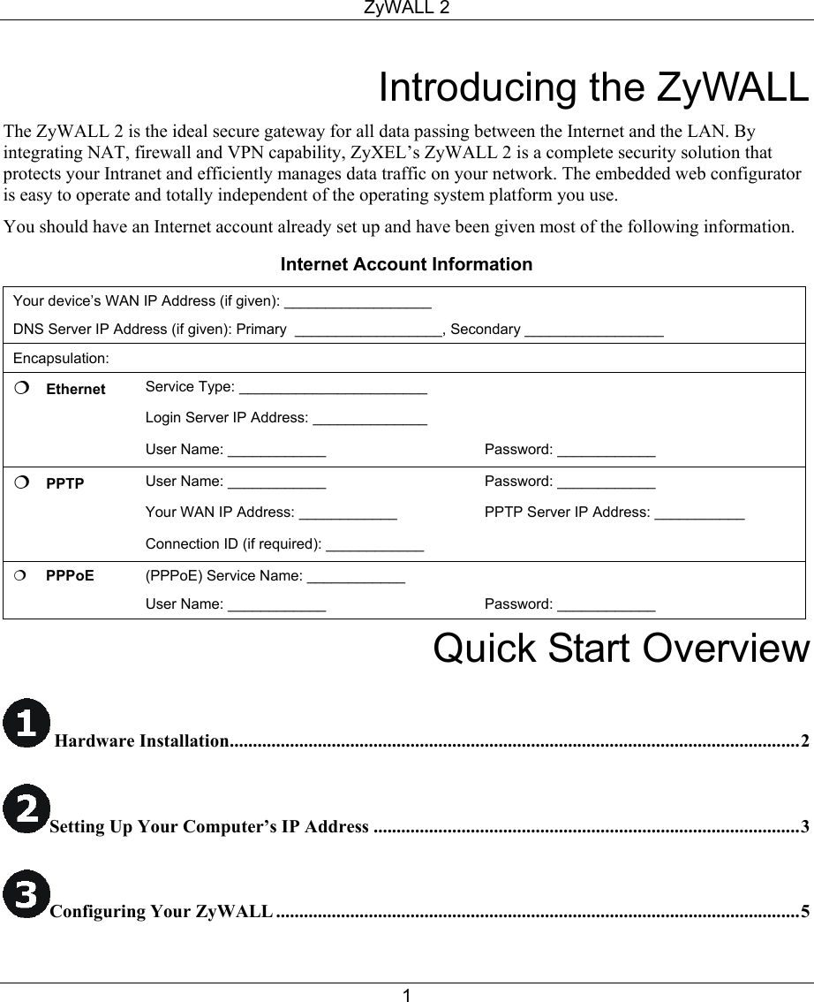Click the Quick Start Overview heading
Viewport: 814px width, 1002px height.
coord(621,648)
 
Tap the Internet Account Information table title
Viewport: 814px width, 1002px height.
coord(406,264)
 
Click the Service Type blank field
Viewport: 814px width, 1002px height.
coord(333,388)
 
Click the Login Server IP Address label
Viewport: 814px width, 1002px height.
coord(227,418)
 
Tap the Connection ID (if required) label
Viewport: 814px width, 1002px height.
coord(233,543)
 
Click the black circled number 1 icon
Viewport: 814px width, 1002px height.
coord(26,723)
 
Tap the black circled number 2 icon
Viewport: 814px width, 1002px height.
coord(26,808)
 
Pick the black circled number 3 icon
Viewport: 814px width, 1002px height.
coord(26,893)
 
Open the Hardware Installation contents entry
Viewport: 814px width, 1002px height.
coord(141,740)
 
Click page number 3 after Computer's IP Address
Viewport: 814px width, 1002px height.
coord(803,827)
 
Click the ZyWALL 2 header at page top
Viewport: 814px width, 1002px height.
coord(406,8)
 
